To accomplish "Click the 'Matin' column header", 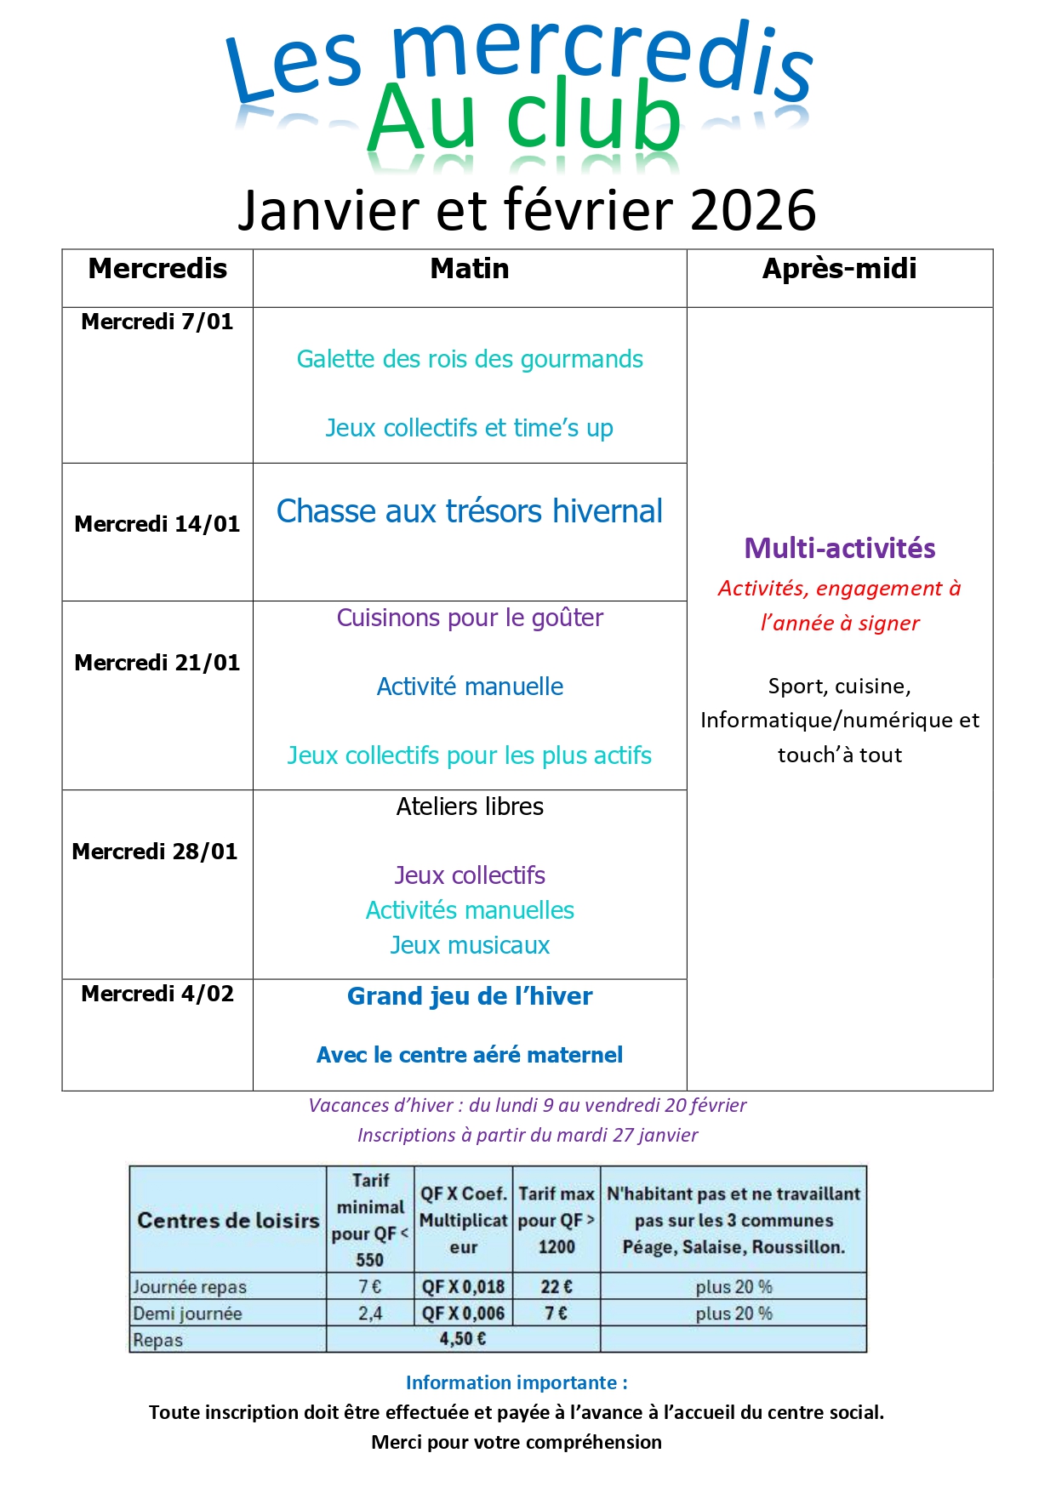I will pyautogui.click(x=470, y=269).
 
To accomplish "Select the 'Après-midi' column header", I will pyautogui.click(x=839, y=269).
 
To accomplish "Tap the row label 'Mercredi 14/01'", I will pyautogui.click(x=157, y=524).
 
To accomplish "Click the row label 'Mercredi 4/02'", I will pyautogui.click(x=157, y=994).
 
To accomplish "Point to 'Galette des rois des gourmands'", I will pyautogui.click(x=470, y=359).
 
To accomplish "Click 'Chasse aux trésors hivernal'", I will pyautogui.click(x=470, y=511).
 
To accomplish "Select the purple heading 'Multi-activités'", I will pyautogui.click(x=839, y=548).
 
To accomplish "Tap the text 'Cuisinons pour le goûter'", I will pyautogui.click(x=470, y=618).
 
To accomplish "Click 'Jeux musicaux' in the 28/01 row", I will pyautogui.click(x=470, y=945).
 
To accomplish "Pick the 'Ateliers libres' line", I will pyautogui.click(x=470, y=806).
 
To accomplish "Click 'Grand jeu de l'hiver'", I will pyautogui.click(x=470, y=996).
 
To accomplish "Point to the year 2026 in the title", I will pyautogui.click(x=753, y=210).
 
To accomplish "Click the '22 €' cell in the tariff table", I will pyautogui.click(x=557, y=1286).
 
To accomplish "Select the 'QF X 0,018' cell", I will pyautogui.click(x=463, y=1286).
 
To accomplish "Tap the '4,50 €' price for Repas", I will pyautogui.click(x=463, y=1339).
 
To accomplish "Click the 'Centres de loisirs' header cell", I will pyautogui.click(x=228, y=1220).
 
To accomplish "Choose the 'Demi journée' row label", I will pyautogui.click(x=188, y=1313).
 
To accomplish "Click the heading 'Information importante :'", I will pyautogui.click(x=517, y=1382).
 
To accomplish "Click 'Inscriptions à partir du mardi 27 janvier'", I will pyautogui.click(x=528, y=1135).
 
